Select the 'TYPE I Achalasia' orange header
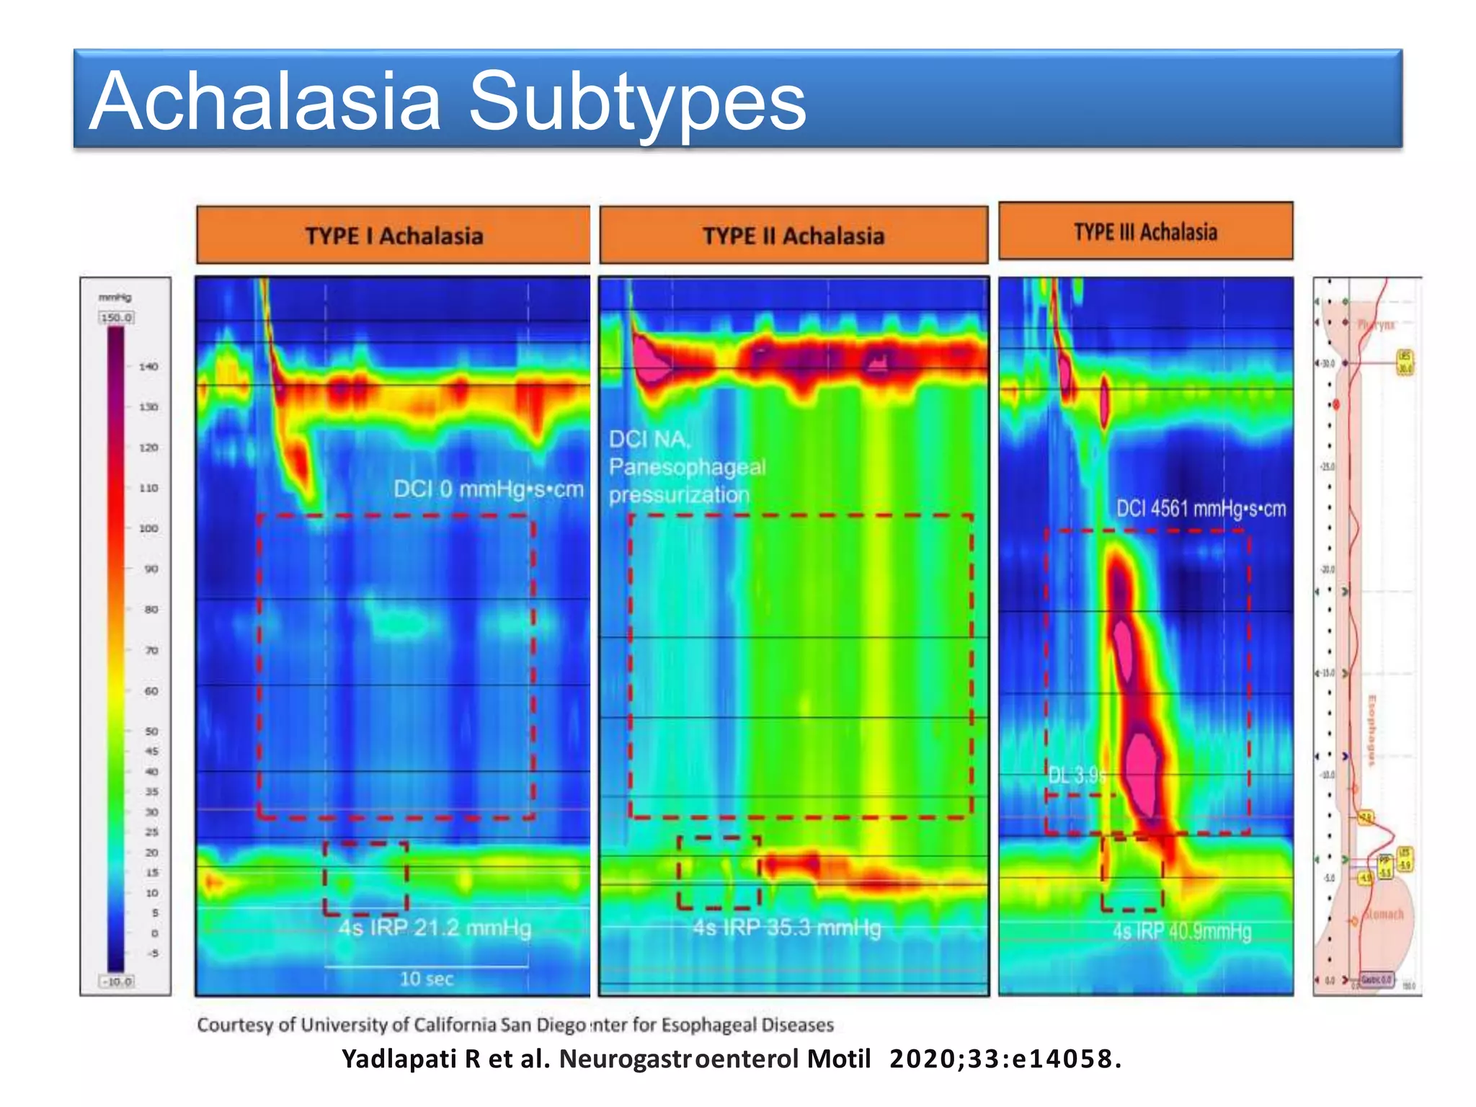tap(394, 236)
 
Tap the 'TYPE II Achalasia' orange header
tap(793, 236)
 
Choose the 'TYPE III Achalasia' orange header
tap(1145, 232)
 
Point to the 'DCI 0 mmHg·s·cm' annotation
tap(488, 489)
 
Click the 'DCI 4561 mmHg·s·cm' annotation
tap(1201, 509)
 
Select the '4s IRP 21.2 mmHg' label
tap(435, 928)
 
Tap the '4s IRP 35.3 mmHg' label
tap(787, 928)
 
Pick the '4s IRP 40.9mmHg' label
tap(1182, 931)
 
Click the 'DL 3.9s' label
tap(1076, 775)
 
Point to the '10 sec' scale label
tap(427, 979)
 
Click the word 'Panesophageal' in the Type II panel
tap(687, 467)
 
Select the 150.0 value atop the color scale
tap(117, 318)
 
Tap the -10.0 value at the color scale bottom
tap(117, 982)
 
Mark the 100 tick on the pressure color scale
tap(148, 528)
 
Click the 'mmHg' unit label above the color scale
tap(115, 298)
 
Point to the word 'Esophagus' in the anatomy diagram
tap(1371, 730)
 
